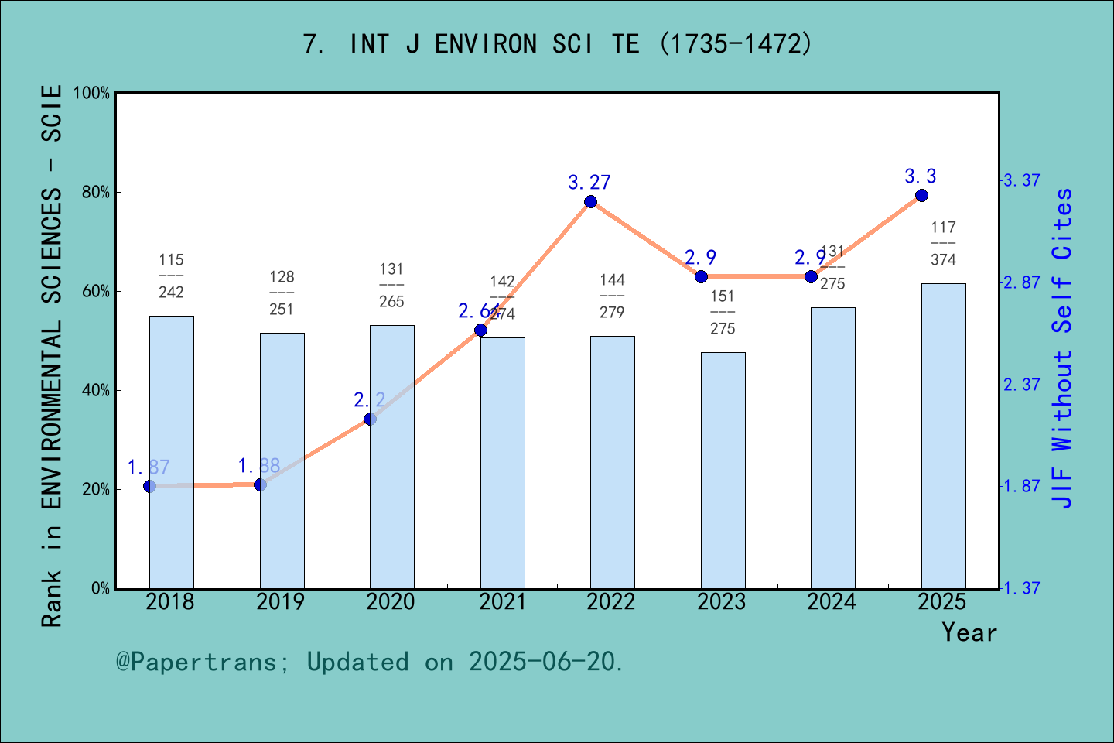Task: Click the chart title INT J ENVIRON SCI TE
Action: [557, 44]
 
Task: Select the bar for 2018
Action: [171, 452]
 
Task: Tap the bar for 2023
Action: [723, 471]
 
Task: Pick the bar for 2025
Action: [943, 436]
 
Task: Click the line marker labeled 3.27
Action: [590, 202]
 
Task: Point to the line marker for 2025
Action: [921, 196]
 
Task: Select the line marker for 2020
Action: [370, 419]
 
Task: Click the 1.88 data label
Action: [259, 466]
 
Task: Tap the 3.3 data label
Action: [921, 176]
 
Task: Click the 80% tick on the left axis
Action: [96, 193]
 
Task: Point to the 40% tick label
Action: [96, 391]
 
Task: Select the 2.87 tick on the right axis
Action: [1021, 282]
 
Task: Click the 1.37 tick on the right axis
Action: [1021, 588]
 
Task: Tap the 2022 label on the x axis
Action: [611, 602]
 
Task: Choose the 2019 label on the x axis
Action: [281, 602]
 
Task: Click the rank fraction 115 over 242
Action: [171, 276]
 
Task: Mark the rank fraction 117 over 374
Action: [943, 244]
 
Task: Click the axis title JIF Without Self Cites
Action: [1063, 348]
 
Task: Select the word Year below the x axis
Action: [969, 632]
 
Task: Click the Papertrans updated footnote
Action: [370, 662]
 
